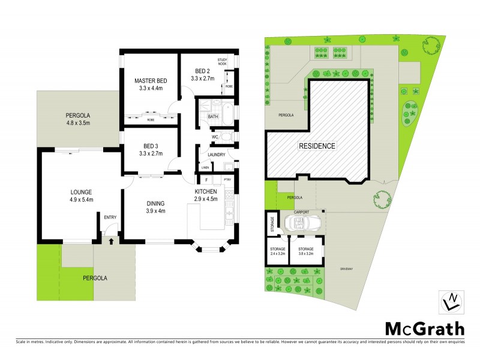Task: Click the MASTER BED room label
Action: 150,81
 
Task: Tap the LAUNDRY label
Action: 217,154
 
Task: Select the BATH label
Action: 213,116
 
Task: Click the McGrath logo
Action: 424,328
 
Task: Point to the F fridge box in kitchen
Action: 206,179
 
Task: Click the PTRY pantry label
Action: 227,179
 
